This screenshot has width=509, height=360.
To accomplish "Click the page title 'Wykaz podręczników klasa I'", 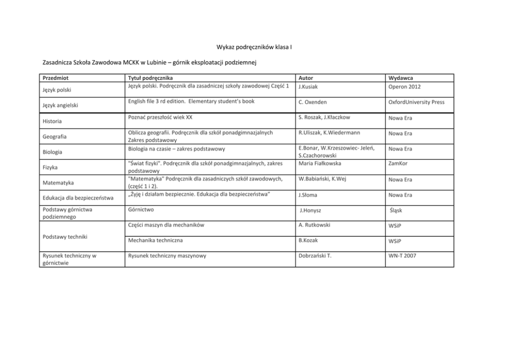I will [x=254, y=47].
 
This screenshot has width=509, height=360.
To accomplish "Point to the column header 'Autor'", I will [x=306, y=78].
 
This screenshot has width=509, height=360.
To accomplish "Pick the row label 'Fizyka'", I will [x=50, y=167].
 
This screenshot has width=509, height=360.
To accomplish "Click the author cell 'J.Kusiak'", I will [x=308, y=87].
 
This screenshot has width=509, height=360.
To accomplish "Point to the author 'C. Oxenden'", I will [x=312, y=102].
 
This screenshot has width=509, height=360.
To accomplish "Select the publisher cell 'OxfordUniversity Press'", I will [x=416, y=102].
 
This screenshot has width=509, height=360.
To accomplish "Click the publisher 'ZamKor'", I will [x=398, y=164].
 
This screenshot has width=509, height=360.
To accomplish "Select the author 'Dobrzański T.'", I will [x=315, y=255].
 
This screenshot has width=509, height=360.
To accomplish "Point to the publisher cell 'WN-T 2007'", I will [x=402, y=255].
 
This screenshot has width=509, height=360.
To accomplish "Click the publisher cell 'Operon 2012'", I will [x=404, y=87].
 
